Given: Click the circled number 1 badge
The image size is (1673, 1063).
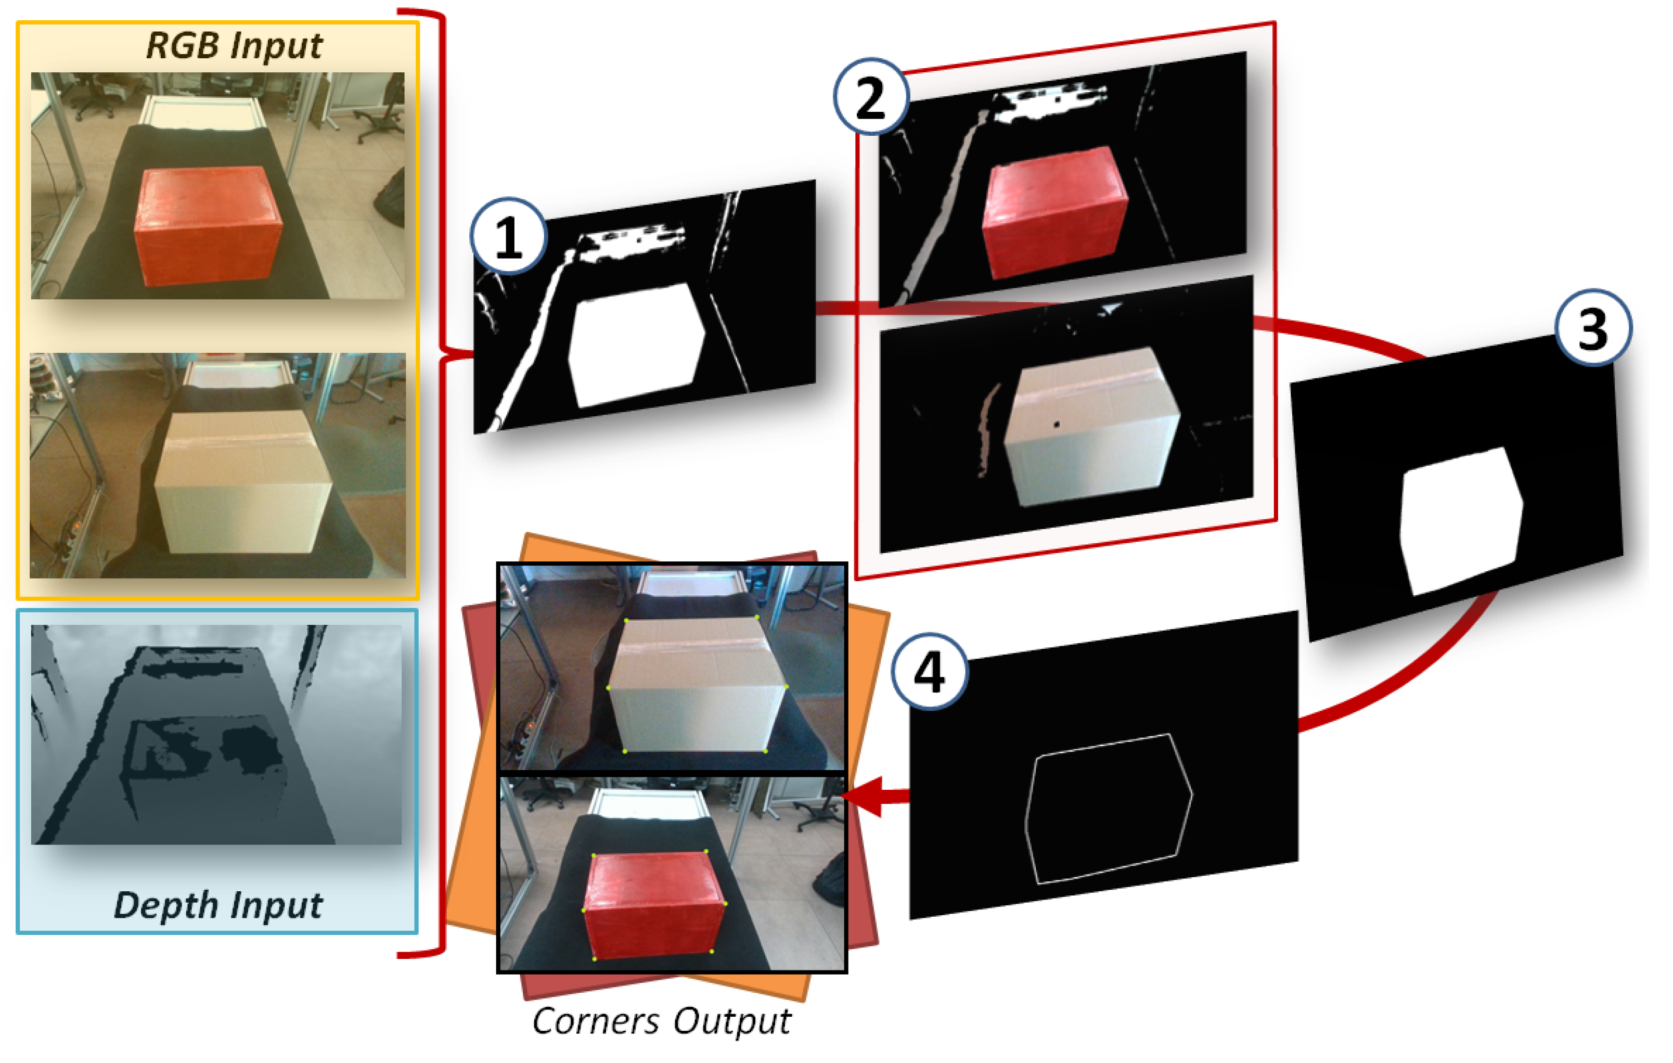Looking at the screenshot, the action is point(509,236).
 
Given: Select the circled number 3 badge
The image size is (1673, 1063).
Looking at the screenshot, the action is point(1593,327).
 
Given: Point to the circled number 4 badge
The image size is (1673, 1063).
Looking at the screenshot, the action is point(930,671).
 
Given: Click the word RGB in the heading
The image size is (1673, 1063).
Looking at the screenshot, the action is point(184,46).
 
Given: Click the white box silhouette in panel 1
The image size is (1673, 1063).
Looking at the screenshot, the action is point(636,344).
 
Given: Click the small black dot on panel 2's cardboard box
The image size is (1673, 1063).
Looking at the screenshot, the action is point(1057,424).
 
